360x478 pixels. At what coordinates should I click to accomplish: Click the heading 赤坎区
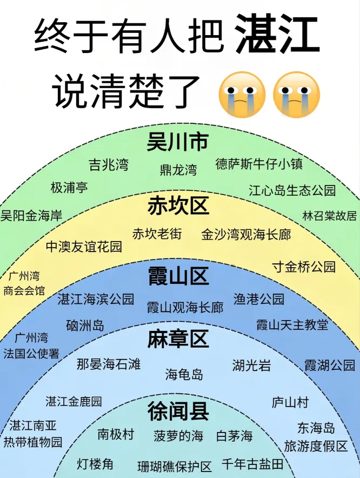point(178,206)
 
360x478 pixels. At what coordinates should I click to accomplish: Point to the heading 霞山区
point(178,277)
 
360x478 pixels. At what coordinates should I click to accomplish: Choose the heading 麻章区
point(178,340)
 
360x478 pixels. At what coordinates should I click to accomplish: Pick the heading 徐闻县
point(178,412)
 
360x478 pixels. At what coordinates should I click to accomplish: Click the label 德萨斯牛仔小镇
point(259,164)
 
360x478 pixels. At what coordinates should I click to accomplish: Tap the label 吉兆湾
point(109,165)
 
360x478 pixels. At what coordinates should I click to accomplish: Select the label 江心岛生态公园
point(292,190)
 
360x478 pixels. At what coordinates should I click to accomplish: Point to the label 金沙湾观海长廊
point(246,235)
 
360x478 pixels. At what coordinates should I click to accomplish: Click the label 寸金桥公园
point(303,267)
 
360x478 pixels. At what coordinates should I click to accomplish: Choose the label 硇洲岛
point(85,325)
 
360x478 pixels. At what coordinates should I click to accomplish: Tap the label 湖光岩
point(251,366)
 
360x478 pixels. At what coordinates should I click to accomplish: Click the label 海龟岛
point(184,374)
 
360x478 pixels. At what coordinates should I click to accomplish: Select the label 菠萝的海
point(178,436)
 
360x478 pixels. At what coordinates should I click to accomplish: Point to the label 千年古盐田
point(252,464)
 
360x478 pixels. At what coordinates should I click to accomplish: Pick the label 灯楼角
point(95,464)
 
